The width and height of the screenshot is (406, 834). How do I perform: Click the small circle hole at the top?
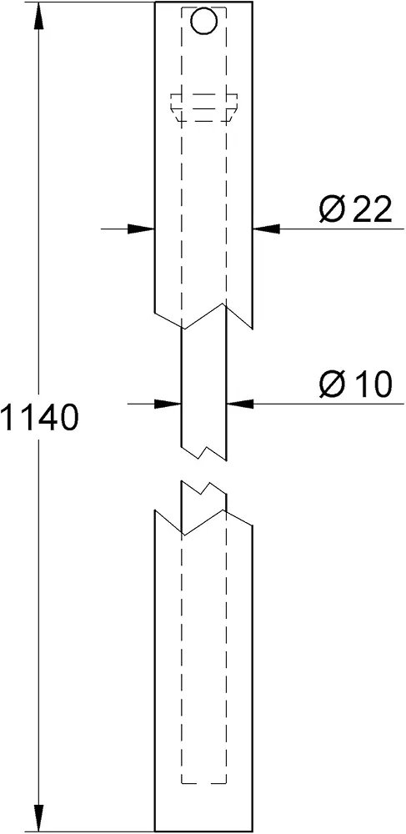tap(204, 21)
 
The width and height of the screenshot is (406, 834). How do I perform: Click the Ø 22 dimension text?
tap(355, 209)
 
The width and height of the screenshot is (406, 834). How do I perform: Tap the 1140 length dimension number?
tap(40, 417)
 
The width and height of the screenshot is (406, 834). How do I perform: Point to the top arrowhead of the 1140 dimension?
tap(39, 15)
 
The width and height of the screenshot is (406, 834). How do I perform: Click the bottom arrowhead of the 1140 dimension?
tap(39, 818)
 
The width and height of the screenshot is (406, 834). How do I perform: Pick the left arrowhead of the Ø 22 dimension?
tap(141, 229)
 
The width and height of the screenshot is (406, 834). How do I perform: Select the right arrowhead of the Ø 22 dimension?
tap(266, 229)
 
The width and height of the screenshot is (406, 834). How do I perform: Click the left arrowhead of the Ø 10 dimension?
tap(168, 404)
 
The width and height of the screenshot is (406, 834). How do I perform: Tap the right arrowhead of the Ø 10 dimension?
tap(240, 404)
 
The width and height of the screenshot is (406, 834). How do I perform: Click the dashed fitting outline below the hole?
tap(204, 108)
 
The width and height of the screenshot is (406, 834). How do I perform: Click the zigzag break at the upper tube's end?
tap(203, 317)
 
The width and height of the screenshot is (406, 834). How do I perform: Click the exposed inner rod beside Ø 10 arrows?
tap(204, 394)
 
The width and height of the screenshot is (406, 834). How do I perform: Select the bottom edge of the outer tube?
tap(203, 831)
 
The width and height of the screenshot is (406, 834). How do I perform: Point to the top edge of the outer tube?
tap(203, 3)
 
